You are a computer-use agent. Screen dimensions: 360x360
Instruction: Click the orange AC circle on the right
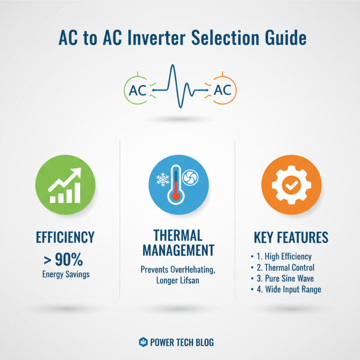point(223,90)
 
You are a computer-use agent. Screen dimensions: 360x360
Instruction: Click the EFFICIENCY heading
point(65,237)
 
